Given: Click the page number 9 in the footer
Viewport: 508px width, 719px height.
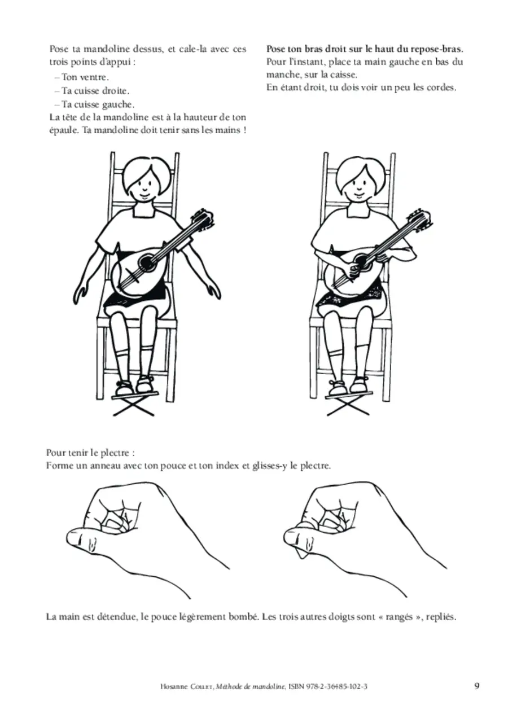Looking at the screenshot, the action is [477, 686].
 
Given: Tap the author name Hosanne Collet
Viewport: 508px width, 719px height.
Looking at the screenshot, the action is [187, 687].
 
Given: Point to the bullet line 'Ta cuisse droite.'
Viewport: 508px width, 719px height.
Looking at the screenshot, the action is [92, 91].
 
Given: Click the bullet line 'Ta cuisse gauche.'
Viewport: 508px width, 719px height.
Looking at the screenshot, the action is [94, 105].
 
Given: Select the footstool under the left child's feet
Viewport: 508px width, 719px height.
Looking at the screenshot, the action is [134, 405].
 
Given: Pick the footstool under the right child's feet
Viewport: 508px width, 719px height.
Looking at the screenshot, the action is [348, 405].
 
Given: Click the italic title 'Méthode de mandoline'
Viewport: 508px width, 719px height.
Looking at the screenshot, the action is [251, 687].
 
